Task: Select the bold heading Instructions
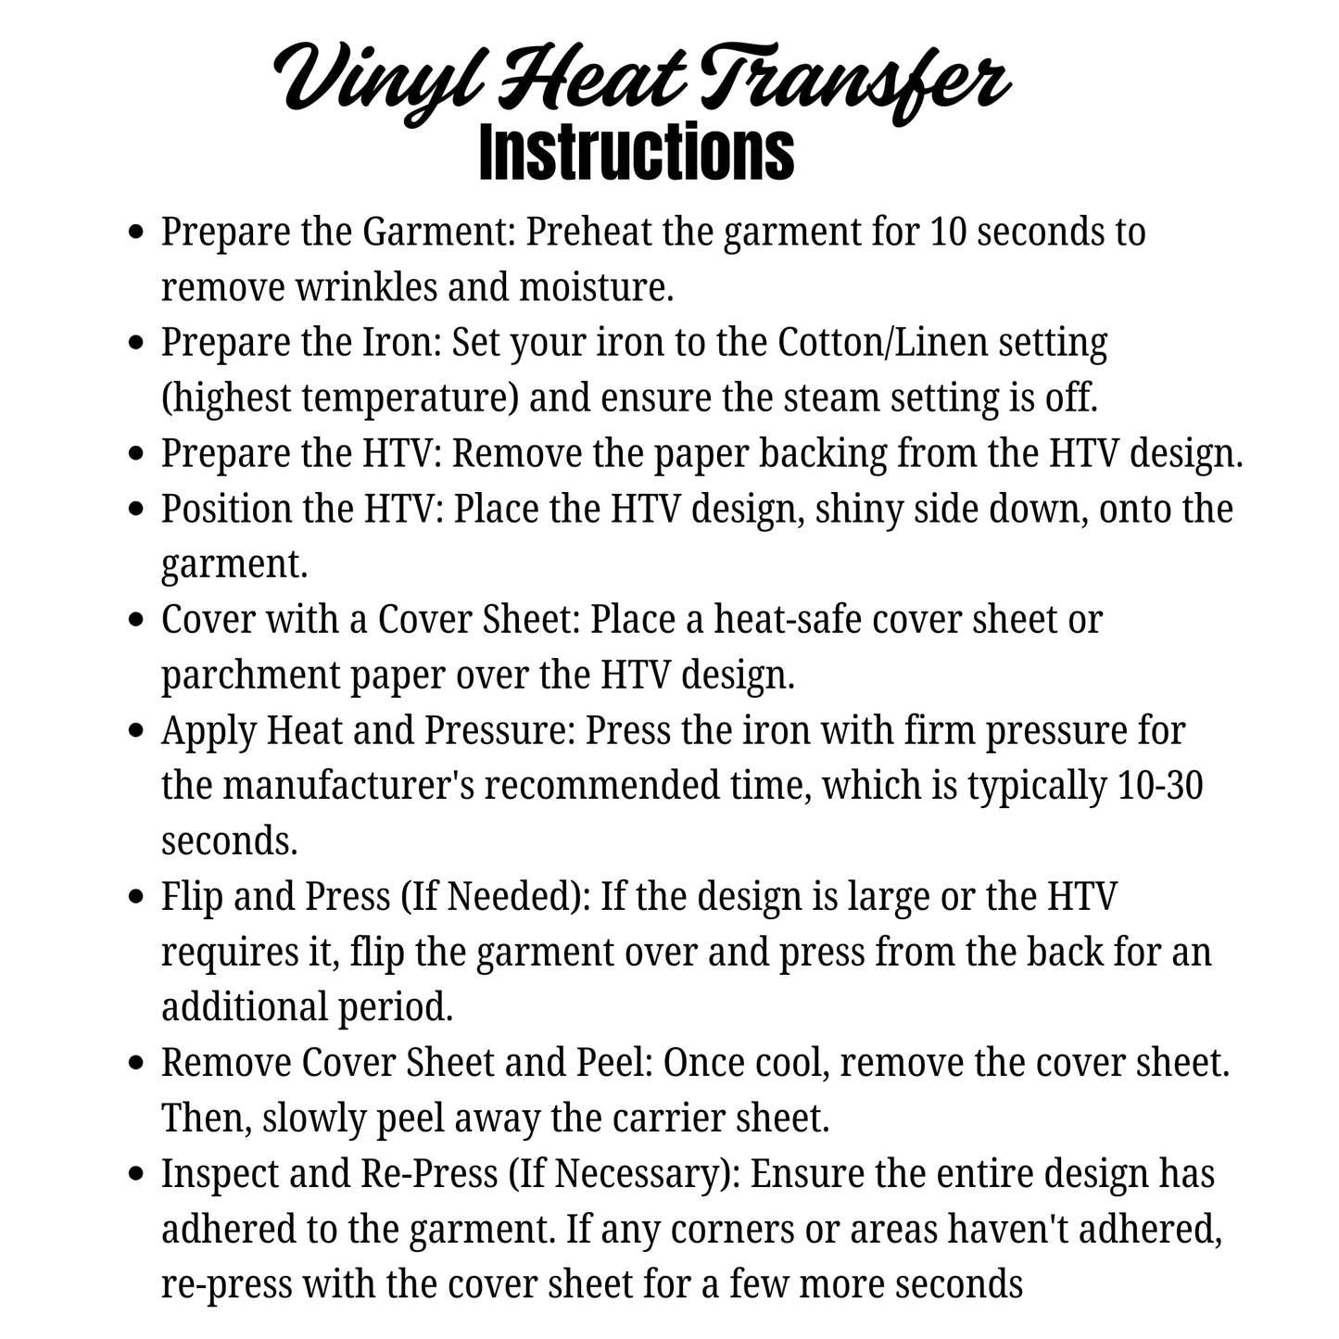point(637,153)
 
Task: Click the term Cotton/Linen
point(883,343)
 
